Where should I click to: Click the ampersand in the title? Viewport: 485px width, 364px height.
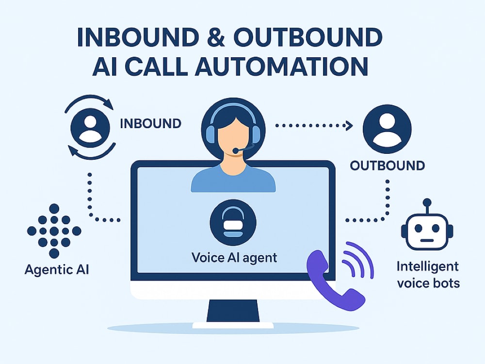215,37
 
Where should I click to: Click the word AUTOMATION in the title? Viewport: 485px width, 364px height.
281,66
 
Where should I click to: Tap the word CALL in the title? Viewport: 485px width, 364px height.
156,66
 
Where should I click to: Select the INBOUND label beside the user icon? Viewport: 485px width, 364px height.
150,123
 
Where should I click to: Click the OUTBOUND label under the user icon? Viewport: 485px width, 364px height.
387,165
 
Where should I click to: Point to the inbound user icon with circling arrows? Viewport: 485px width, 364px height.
90,128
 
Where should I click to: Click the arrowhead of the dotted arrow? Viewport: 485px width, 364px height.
349,125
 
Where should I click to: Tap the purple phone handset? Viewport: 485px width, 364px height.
333,280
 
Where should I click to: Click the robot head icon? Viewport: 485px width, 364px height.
427,230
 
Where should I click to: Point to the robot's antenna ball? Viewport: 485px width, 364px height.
427,202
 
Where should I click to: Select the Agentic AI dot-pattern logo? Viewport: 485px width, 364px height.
54,231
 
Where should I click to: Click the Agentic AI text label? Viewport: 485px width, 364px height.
57,269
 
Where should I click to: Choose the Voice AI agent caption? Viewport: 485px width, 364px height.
234,258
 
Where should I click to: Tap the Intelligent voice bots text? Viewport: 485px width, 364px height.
428,275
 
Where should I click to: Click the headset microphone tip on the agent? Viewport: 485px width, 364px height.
236,151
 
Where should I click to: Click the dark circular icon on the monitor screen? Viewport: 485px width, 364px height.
233,222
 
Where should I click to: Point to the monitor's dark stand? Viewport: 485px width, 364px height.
233,311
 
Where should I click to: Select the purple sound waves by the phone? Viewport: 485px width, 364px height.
358,260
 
